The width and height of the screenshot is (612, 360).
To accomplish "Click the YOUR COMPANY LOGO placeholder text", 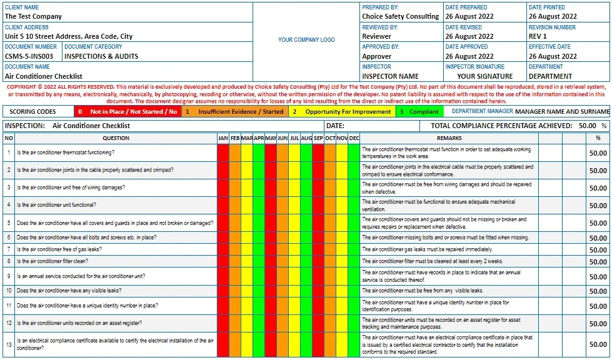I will click(x=306, y=40).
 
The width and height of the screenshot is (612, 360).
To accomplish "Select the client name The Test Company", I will click(x=33, y=16).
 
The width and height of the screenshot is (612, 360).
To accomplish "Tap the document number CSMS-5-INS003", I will click(x=29, y=56).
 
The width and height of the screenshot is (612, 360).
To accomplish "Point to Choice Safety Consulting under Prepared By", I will click(x=400, y=16).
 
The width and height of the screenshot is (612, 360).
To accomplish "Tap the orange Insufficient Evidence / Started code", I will click(x=241, y=112).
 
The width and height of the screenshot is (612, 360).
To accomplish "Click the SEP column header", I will click(x=318, y=138).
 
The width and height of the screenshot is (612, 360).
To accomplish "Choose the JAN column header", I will click(x=223, y=138).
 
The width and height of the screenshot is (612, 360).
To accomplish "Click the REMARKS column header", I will click(x=449, y=138).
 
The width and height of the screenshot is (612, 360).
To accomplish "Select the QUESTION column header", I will click(x=116, y=138).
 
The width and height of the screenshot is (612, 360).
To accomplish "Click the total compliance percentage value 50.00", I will click(x=587, y=126).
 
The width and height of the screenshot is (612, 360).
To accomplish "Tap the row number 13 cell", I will click(x=9, y=344).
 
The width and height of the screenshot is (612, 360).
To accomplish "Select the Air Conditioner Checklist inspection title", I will click(x=91, y=126).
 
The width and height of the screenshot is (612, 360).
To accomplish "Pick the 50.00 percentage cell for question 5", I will click(x=598, y=223).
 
